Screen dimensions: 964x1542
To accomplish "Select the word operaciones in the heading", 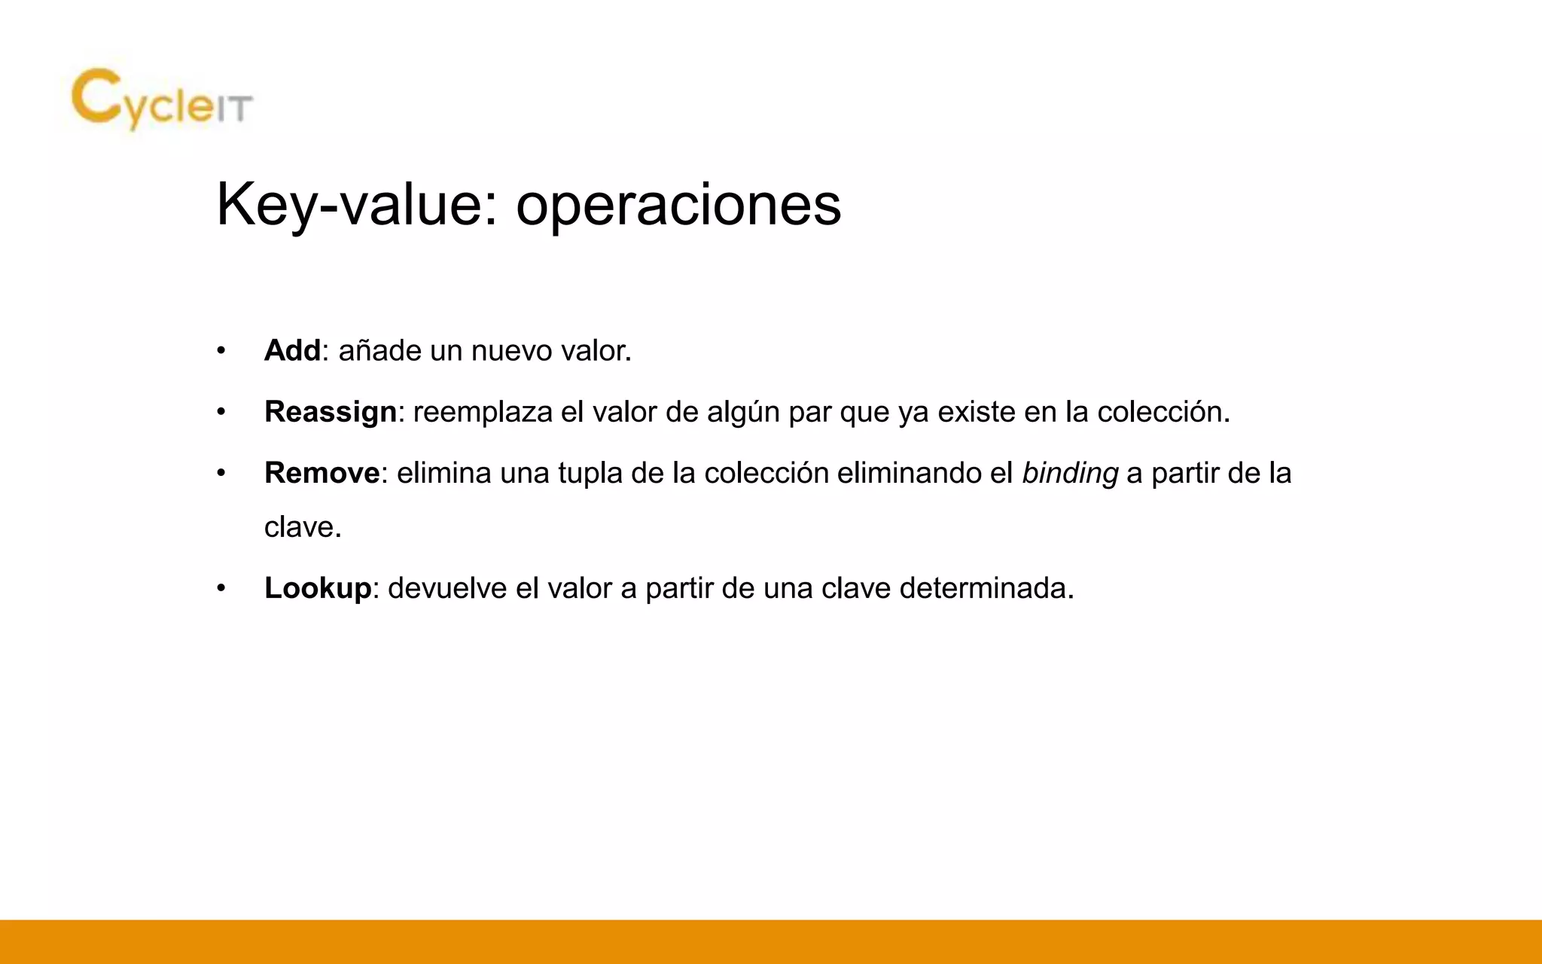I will coord(678,204).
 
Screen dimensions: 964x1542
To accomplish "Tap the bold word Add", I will coord(292,351).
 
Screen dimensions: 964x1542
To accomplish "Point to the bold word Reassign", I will coord(331,413).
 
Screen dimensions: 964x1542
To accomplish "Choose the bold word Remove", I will coord(322,474).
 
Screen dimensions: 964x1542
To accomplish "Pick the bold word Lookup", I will coord(318,588).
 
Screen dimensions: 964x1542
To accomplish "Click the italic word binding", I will coord(1070,474).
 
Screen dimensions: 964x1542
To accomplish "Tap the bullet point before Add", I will coord(221,352).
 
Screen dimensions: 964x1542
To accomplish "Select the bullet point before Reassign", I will coord(221,413).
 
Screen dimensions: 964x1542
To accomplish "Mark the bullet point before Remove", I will coord(221,474).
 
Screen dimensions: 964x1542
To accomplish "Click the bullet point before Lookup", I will coord(221,588).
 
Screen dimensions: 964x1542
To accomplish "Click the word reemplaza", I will coord(483,413).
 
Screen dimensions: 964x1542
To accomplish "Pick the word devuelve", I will coord(447,588).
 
